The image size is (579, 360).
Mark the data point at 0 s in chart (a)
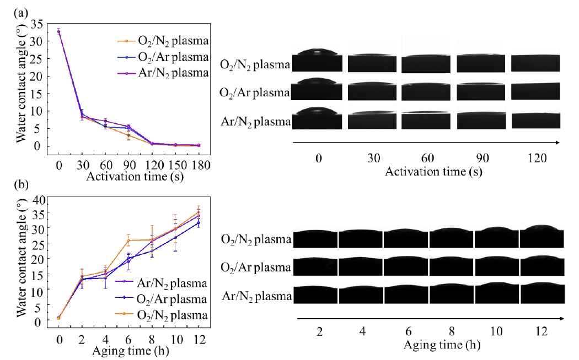click(58, 31)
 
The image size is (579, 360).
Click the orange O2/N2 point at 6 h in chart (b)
click(128, 240)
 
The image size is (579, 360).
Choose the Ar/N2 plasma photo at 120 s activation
click(536, 119)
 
